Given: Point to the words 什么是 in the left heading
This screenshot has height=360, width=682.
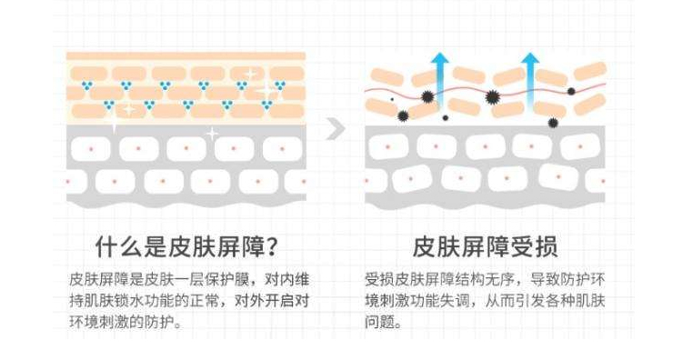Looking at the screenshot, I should tap(126, 247).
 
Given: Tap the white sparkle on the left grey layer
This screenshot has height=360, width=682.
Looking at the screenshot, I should tap(211, 134).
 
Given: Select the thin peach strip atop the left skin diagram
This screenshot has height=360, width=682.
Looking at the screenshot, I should tap(186, 56).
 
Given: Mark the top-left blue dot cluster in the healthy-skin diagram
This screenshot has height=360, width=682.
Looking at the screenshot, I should tap(89, 86).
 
